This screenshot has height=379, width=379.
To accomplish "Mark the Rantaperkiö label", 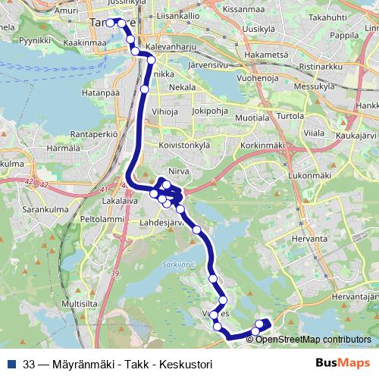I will pos(93,133).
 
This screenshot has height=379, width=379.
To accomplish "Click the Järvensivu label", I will pos(200,65).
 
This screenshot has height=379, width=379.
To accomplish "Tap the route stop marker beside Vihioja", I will pos(145,89).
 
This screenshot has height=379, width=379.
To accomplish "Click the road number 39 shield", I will pos(115,272).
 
